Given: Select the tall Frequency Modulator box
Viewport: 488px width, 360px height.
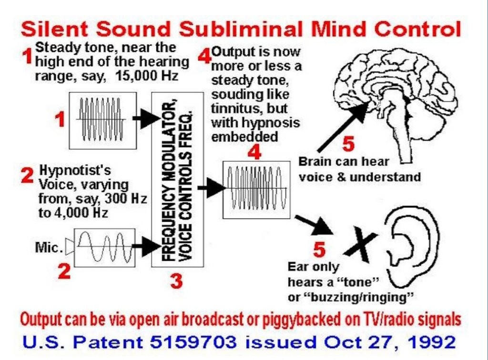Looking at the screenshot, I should coord(177,179).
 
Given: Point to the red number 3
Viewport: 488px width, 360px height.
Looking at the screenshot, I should coord(176,282).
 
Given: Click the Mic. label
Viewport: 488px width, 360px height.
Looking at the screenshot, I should coord(49,248).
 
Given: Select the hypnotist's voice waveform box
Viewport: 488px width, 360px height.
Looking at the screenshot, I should coord(105,248).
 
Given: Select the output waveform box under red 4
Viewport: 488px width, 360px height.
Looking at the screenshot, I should coord(256,190).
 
